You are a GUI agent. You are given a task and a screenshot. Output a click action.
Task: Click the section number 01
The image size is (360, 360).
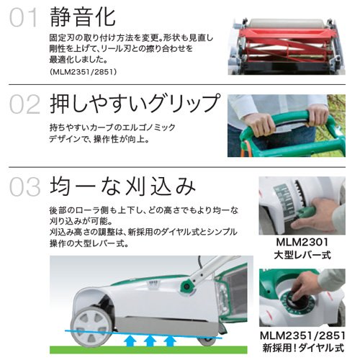(x=24, y=17)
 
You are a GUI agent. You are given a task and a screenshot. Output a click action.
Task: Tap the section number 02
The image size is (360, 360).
(x=24, y=104)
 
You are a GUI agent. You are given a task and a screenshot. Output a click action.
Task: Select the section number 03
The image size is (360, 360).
(x=24, y=186)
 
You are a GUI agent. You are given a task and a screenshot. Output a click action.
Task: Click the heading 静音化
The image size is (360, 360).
(x=83, y=17)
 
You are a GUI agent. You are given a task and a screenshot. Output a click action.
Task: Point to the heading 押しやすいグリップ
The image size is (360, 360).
(x=135, y=104)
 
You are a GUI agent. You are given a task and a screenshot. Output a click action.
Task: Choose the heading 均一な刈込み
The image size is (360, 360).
(x=122, y=186)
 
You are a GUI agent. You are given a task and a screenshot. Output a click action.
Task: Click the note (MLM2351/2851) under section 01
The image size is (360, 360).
(x=83, y=72)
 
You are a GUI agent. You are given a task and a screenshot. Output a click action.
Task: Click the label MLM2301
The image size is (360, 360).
(x=302, y=242)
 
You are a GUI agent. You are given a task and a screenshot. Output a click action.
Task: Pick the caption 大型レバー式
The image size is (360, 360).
(x=302, y=255)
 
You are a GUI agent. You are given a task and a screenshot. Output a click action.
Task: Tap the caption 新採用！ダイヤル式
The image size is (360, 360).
(x=303, y=348)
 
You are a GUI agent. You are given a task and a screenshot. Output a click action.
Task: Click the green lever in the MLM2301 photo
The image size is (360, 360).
(x=305, y=212)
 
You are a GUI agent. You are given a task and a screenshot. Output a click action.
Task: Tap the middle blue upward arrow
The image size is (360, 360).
(x=150, y=341)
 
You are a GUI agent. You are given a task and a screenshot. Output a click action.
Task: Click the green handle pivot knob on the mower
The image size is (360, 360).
(x=186, y=286)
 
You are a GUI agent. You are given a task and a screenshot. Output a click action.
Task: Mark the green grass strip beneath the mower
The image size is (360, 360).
(x=148, y=350)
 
